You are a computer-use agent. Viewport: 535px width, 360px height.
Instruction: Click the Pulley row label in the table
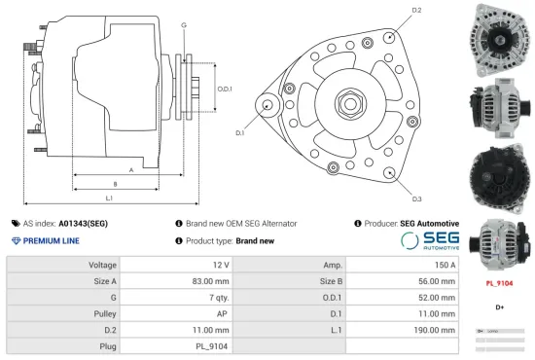(107, 313)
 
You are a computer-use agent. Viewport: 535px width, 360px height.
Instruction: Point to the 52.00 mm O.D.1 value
(435, 297)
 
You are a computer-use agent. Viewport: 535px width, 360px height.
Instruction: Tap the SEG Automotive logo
(429, 240)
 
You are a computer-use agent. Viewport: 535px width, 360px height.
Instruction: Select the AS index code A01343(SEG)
(83, 223)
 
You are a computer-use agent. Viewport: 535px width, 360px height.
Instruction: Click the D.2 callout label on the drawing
(416, 10)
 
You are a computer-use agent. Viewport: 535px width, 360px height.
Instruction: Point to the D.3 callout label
(416, 198)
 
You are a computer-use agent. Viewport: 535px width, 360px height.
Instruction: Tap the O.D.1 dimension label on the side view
(225, 90)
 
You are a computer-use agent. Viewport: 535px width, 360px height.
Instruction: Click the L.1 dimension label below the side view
(109, 198)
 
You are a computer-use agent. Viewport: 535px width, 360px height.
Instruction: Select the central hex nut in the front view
(348, 102)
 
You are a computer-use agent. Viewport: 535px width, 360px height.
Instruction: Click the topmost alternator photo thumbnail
(499, 37)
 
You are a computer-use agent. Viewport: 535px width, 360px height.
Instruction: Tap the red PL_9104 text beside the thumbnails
(499, 284)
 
